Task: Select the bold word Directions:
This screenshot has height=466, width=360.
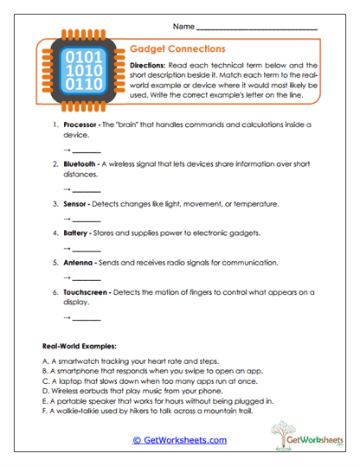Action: [x=150, y=66]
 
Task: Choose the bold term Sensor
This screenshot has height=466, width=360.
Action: [x=76, y=204]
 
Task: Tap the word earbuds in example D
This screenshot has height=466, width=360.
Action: [x=99, y=391]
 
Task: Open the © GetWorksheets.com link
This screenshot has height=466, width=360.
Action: [x=180, y=439]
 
